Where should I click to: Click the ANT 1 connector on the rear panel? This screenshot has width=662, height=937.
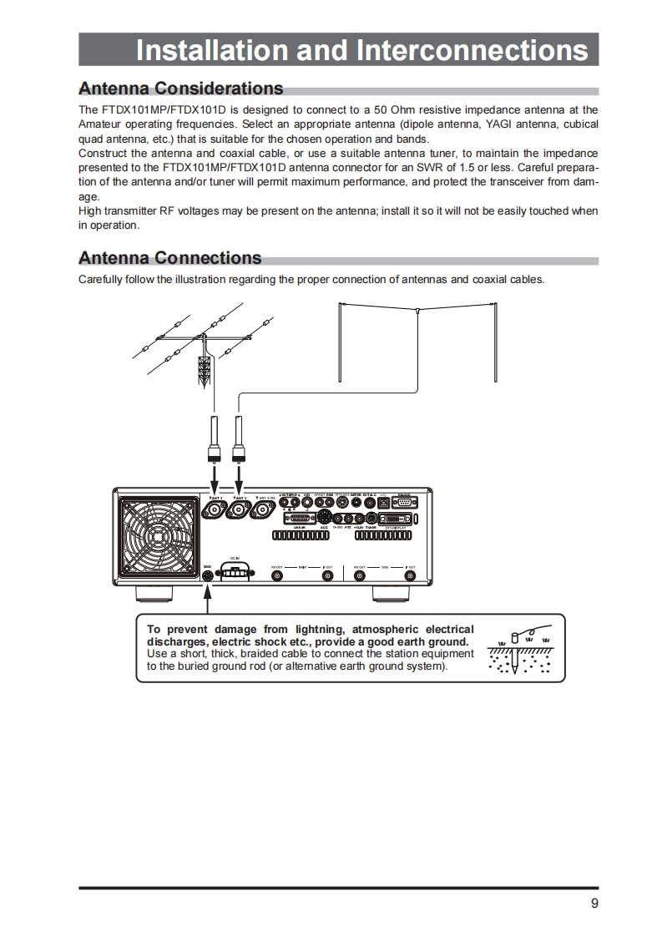tap(215, 510)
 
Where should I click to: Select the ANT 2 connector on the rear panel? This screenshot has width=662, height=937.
tap(240, 510)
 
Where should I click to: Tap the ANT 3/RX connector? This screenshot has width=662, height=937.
tap(266, 510)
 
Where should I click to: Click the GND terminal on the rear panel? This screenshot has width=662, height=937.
tap(207, 575)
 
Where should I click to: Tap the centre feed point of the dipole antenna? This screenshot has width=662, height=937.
tap(416, 311)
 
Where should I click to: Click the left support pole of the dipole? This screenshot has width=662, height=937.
tap(341, 342)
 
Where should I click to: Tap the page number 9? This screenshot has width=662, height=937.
tap(594, 903)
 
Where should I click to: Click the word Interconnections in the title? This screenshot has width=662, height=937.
tap(472, 50)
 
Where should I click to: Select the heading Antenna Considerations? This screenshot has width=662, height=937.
tap(180, 89)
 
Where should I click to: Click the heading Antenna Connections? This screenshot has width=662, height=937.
tap(169, 258)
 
